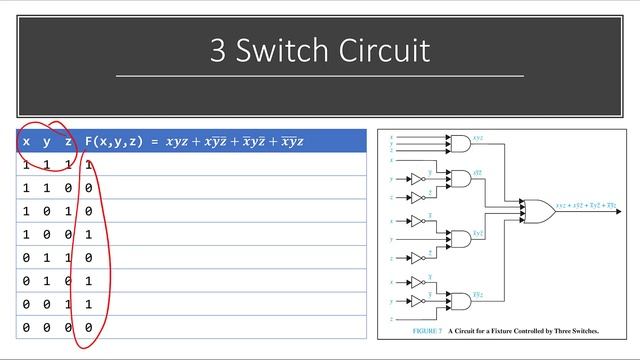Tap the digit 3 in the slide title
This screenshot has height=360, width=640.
click(x=219, y=49)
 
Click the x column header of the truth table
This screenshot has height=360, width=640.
click(x=26, y=142)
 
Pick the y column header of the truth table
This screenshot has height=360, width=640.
click(x=47, y=142)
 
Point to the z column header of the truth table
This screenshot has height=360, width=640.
click(x=68, y=142)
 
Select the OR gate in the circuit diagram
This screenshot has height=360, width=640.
click(x=541, y=209)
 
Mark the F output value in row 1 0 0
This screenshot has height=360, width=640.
click(x=89, y=234)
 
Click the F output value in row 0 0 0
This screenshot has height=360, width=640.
click(x=89, y=327)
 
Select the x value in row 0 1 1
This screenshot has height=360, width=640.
click(x=26, y=257)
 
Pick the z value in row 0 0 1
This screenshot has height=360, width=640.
click(x=68, y=304)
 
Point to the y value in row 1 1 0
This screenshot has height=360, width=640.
click(x=47, y=188)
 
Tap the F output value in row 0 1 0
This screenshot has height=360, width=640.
click(x=89, y=281)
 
